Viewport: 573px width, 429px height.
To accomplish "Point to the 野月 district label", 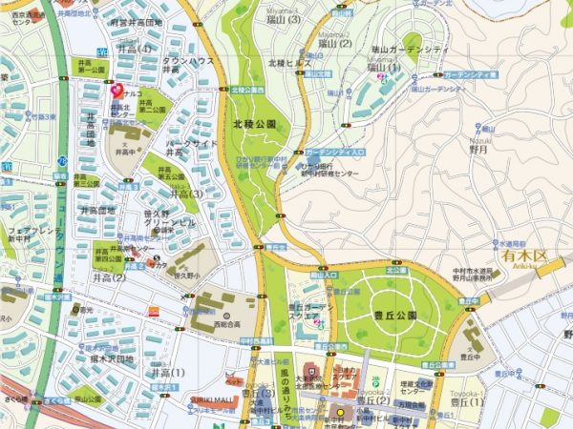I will [479, 149].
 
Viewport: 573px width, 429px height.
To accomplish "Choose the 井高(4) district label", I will [134, 48].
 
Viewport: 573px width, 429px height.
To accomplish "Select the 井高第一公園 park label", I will [92, 68].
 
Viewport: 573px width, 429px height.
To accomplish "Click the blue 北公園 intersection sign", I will [395, 270].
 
